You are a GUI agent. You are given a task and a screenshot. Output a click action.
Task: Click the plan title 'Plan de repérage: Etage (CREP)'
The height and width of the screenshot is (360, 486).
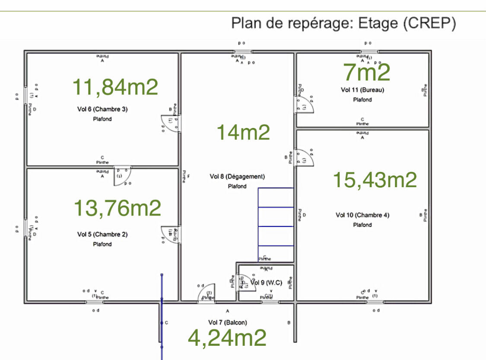click(343, 22)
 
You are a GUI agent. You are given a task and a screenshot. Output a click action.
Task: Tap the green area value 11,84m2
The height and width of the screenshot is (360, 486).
click(115, 87)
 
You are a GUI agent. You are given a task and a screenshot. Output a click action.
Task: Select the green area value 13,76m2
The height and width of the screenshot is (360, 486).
click(118, 208)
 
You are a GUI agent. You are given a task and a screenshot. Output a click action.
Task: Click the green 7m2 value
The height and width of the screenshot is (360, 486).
click(366, 72)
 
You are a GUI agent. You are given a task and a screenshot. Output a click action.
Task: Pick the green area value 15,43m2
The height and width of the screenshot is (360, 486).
click(375, 179)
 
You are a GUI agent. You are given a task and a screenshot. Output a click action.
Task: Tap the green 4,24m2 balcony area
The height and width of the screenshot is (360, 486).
click(227, 338)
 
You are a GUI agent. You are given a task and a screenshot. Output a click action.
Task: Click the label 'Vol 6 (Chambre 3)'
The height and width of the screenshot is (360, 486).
click(102, 109)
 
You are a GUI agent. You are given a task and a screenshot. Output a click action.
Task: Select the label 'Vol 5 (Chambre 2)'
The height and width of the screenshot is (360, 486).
click(102, 235)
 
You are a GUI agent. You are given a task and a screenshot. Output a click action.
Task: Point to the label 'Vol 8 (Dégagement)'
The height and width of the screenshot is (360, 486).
click(237, 176)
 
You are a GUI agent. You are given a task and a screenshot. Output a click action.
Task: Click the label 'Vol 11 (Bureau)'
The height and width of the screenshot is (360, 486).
click(362, 90)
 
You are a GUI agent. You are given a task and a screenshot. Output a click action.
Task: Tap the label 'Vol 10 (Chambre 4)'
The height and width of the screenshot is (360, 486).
click(362, 215)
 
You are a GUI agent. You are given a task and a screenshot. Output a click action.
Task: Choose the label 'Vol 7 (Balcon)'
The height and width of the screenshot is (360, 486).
click(227, 322)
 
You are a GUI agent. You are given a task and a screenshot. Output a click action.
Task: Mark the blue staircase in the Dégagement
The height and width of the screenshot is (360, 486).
click(276, 225)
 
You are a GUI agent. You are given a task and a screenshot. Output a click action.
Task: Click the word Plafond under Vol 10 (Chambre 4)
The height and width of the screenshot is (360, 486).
click(362, 225)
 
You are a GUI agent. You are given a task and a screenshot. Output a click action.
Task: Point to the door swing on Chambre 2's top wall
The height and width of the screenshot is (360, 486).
click(122, 176)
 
